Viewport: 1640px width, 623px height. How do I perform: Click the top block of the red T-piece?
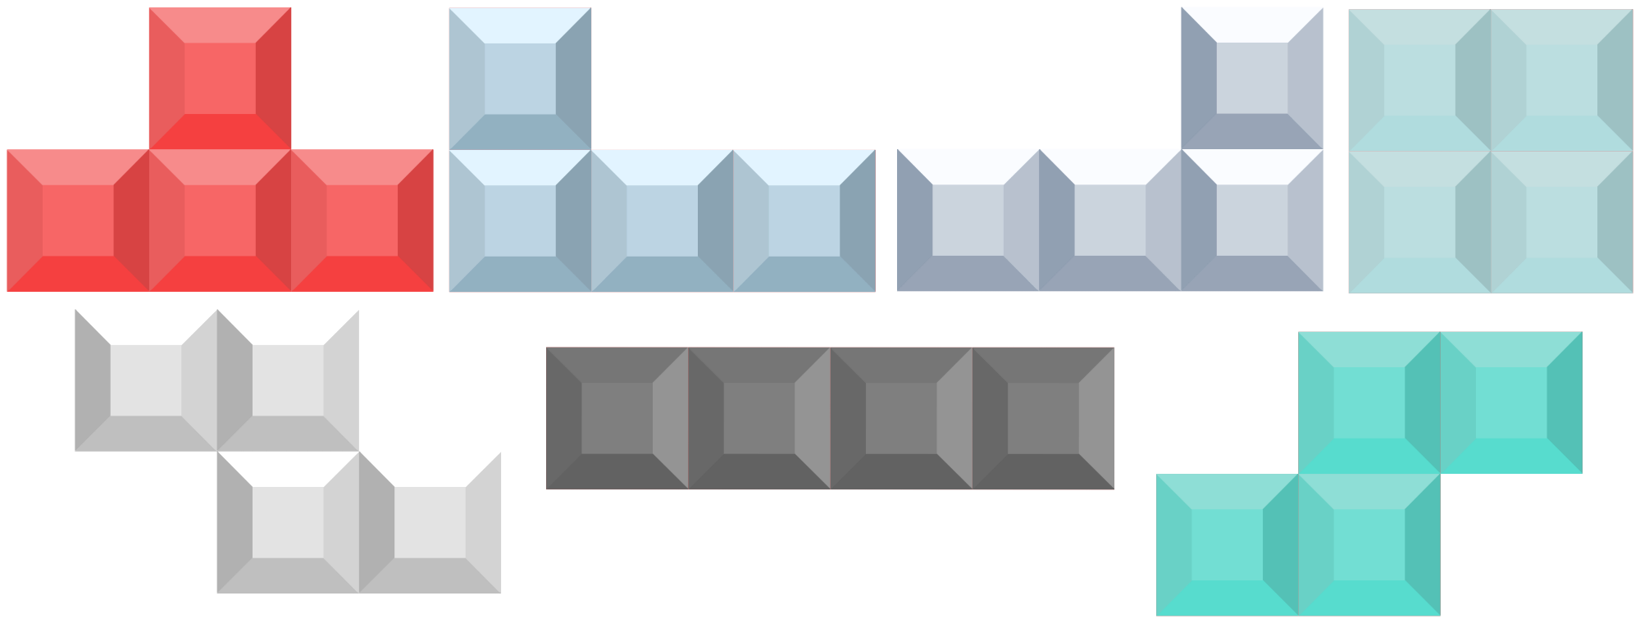click(x=220, y=79)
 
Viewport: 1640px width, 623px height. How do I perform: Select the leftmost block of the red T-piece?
click(x=78, y=220)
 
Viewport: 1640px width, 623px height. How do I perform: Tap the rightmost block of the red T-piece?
click(x=362, y=220)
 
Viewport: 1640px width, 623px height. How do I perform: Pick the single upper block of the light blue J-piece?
click(x=520, y=79)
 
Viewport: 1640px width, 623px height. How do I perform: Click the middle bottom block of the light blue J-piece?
click(x=662, y=220)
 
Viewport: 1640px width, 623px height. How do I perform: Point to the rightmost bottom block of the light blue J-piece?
click(x=804, y=220)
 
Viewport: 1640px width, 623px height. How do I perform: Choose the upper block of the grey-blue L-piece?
click(x=1252, y=79)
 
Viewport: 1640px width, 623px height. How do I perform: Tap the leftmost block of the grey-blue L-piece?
click(x=968, y=220)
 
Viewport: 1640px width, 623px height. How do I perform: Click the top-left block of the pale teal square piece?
click(x=1419, y=80)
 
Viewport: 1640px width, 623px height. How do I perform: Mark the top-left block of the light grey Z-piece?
click(x=146, y=380)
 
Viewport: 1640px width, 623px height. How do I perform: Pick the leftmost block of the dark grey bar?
click(x=617, y=418)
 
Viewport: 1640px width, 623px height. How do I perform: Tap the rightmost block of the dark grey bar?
click(x=1043, y=418)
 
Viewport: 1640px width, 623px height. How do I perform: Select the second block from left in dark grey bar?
click(x=758, y=418)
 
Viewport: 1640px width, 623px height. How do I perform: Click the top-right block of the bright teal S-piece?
click(x=1511, y=402)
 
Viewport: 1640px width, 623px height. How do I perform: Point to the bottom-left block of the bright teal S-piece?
click(x=1228, y=544)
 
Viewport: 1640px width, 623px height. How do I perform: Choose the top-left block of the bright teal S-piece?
click(x=1369, y=402)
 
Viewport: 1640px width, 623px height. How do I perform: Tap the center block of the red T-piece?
click(x=220, y=220)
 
